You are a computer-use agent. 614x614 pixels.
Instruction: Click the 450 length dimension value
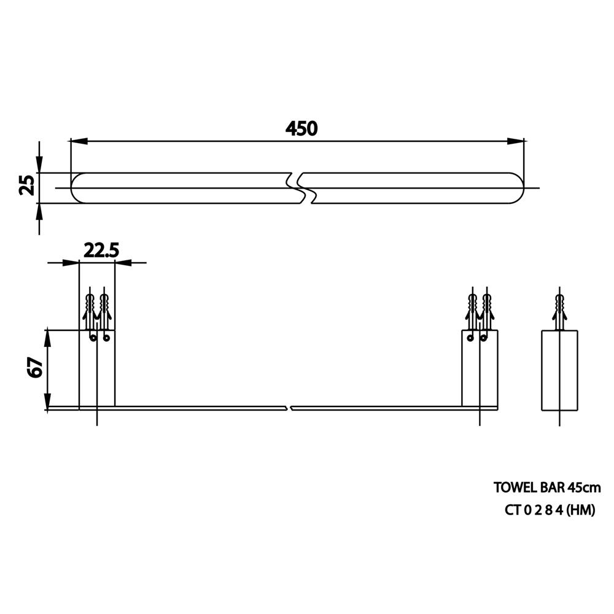click(x=301, y=128)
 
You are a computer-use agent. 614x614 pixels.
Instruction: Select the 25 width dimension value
click(x=28, y=185)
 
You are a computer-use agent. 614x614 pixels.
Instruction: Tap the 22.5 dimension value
click(x=101, y=251)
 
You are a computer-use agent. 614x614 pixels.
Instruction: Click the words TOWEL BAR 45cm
click(x=546, y=488)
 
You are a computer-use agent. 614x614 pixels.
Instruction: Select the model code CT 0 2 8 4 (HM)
click(x=550, y=510)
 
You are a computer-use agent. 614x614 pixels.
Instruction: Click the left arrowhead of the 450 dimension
click(x=79, y=141)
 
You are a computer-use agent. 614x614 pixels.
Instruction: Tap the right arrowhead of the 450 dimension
click(x=515, y=141)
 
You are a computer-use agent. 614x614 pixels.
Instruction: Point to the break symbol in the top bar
click(x=302, y=188)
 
